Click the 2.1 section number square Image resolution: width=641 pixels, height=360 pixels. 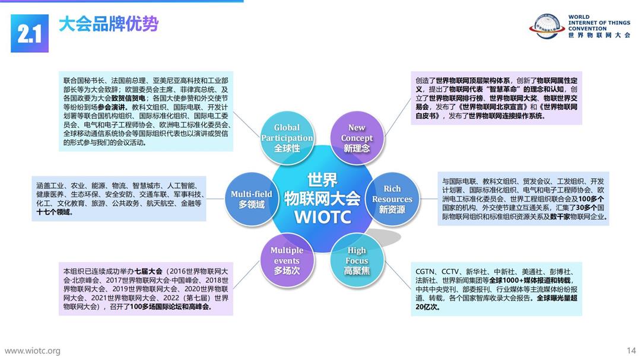click(30, 33)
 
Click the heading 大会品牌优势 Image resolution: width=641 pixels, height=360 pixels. click(109, 24)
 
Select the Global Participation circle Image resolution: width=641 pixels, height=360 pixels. click(287, 138)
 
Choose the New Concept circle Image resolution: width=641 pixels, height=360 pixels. click(357, 138)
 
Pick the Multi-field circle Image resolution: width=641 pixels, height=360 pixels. click(252, 199)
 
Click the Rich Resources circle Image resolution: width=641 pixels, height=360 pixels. click(392, 199)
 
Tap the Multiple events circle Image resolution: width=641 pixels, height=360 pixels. click(287, 260)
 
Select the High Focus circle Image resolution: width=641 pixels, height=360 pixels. click(357, 260)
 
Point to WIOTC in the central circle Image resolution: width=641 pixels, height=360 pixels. click(322, 217)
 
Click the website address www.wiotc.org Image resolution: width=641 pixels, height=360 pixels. click(32, 351)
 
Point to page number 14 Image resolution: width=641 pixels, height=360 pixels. click(631, 351)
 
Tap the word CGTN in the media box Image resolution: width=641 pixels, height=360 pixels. click(425, 271)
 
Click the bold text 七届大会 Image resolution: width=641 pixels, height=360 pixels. click(148, 271)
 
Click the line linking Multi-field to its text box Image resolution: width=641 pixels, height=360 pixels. click(215, 199)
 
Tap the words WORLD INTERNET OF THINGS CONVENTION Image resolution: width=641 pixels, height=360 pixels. click(599, 23)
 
